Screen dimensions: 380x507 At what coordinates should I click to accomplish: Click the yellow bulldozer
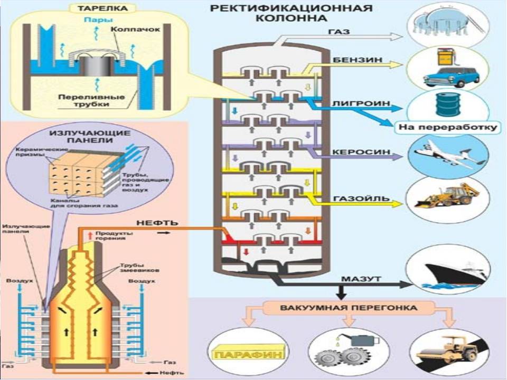coord(447,196)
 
